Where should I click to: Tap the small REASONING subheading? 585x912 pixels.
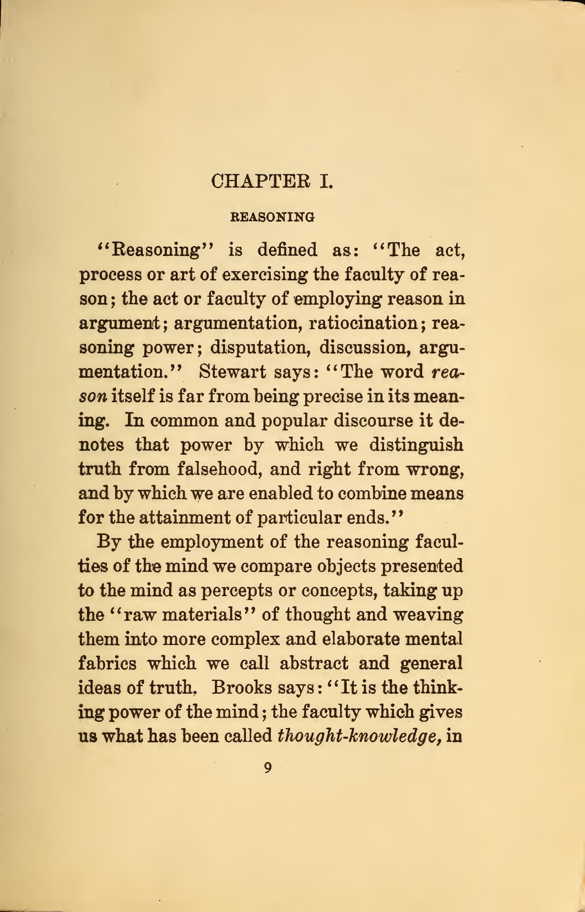click(x=273, y=217)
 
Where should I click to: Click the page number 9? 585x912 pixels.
click(x=268, y=768)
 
